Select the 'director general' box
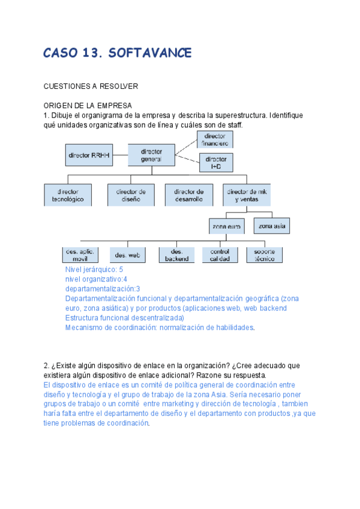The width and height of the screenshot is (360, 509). point(151,155)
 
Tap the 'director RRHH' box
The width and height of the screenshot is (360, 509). point(89,155)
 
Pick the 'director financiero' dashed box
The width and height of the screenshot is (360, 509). point(215,140)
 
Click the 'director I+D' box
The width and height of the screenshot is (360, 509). point(216,163)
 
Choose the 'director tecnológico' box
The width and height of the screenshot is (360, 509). point(68,195)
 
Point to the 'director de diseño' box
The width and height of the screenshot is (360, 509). point(127,195)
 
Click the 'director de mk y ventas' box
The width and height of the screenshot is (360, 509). point(246,195)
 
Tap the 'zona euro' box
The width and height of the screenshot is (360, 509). point(226,227)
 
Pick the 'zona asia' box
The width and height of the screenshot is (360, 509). point(271,226)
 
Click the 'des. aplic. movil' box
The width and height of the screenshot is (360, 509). point(80,254)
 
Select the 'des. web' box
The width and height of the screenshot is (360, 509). point(127,255)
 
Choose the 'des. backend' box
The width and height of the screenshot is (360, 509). point(176,255)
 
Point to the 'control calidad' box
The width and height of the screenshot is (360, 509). point(220,255)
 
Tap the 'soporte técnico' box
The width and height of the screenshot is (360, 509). point(265,254)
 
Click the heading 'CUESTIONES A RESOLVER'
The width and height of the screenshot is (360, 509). point(91,86)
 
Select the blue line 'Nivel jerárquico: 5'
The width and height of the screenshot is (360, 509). point(94,270)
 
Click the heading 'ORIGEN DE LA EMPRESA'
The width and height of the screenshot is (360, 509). point(88,106)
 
